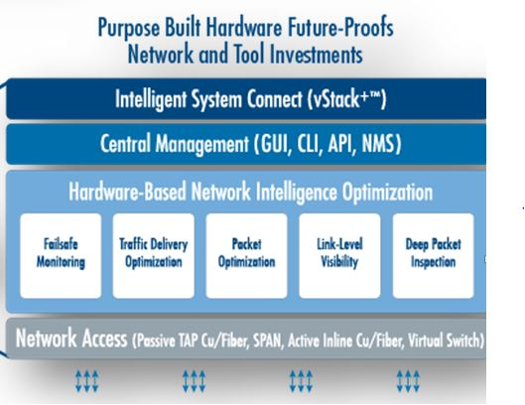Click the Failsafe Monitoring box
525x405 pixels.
click(61, 255)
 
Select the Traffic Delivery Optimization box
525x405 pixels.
click(154, 255)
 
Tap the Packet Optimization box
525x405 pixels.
click(247, 255)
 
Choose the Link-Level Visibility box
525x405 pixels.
click(339, 255)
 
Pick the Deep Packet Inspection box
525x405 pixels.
click(434, 255)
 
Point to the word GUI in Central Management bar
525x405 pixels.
click(272, 144)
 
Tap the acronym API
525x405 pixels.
click(341, 144)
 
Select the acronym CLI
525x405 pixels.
click(309, 144)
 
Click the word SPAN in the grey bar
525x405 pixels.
click(268, 341)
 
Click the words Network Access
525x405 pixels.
click(71, 338)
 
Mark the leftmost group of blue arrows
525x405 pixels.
click(86, 381)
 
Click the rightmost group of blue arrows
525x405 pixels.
click(408, 381)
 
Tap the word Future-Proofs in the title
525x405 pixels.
click(340, 27)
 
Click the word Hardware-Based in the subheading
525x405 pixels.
click(127, 192)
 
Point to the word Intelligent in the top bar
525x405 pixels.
click(151, 99)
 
